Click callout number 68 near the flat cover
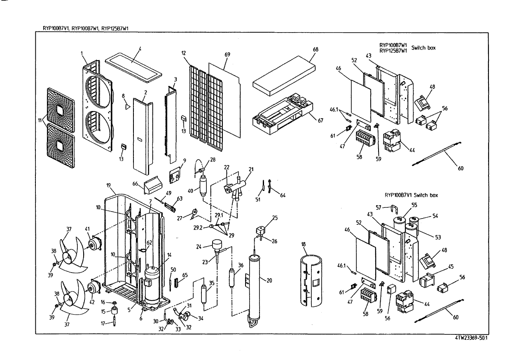point(316,49)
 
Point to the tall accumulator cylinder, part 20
point(255,289)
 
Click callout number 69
point(227,54)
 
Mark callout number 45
point(451,266)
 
